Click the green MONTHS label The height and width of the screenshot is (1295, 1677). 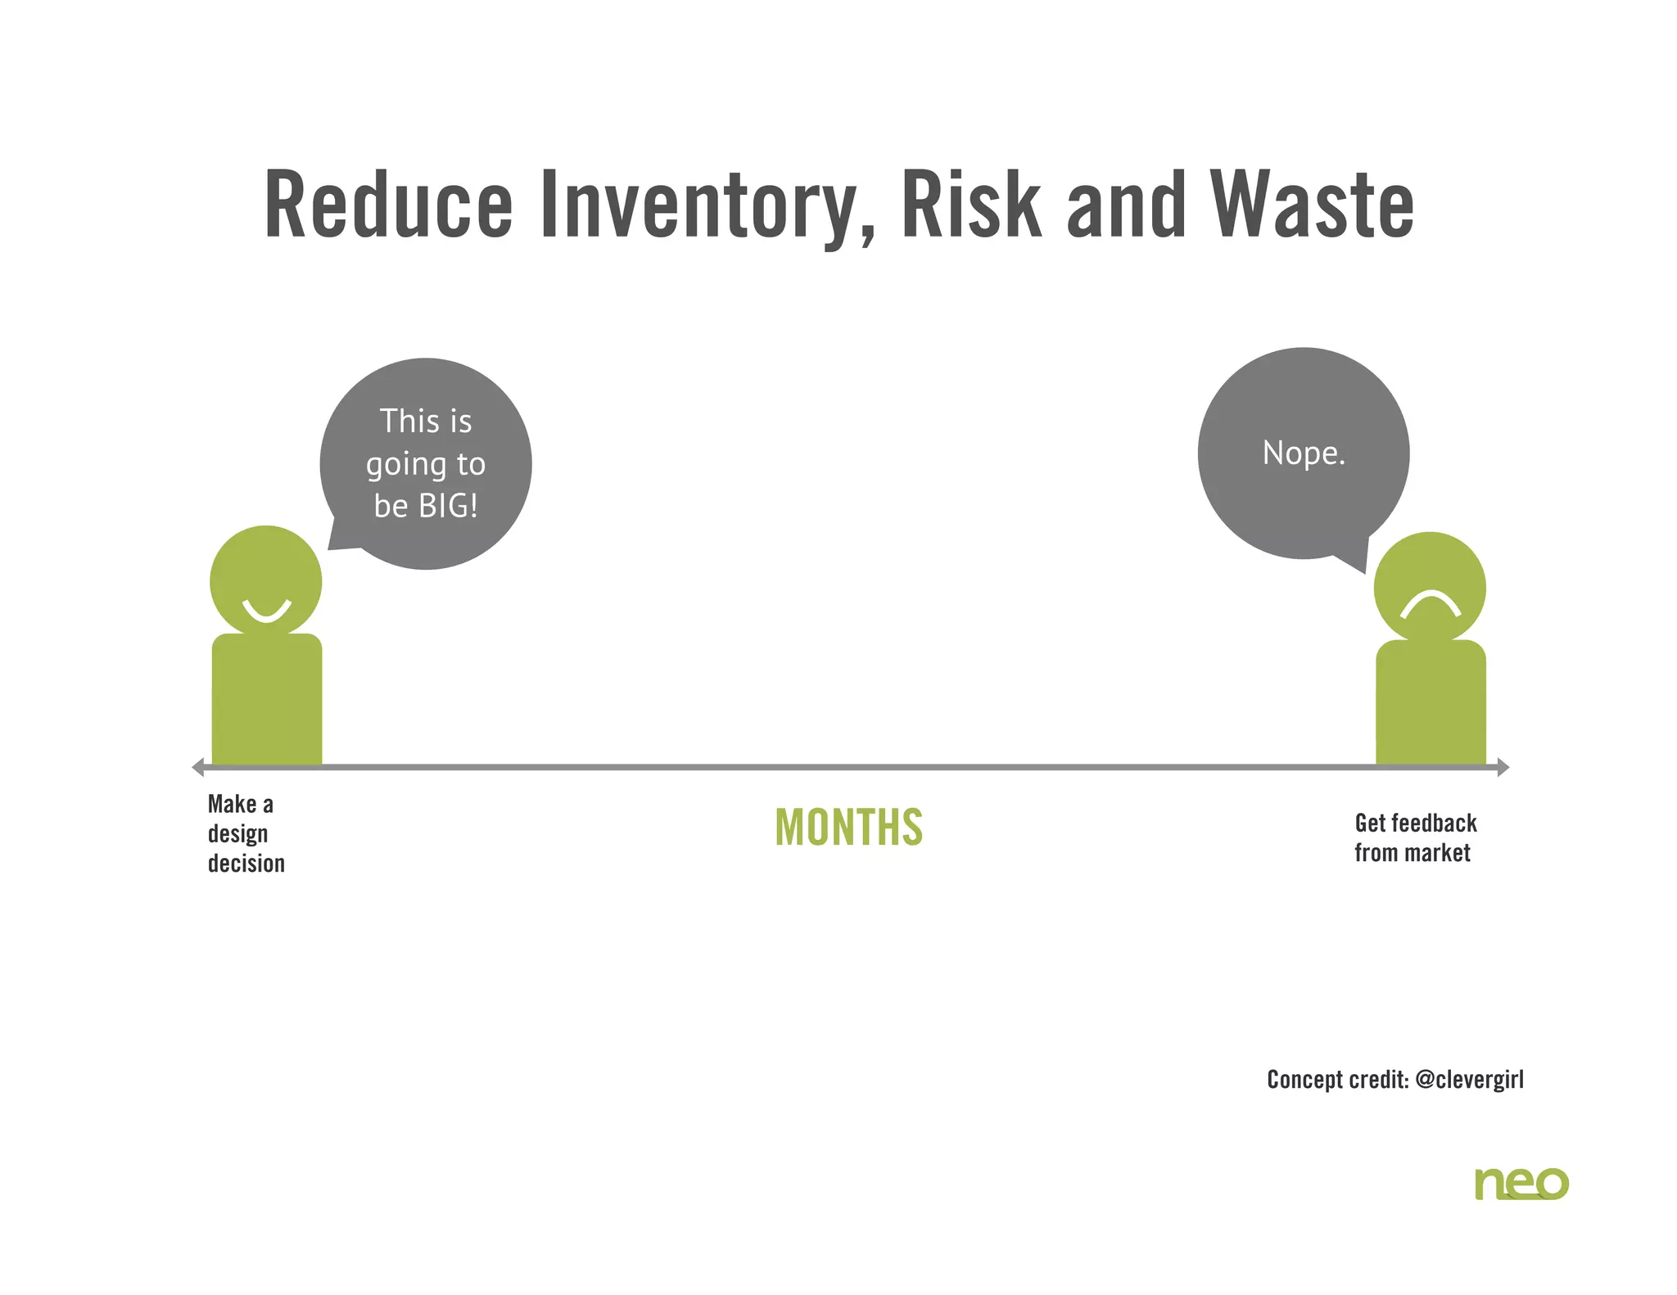click(x=849, y=828)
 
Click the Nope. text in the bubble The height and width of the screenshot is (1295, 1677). click(x=1304, y=453)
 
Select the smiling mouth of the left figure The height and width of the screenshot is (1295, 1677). click(x=266, y=611)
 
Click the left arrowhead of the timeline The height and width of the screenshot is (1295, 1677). click(x=197, y=767)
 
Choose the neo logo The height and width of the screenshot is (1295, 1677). click(x=1521, y=1184)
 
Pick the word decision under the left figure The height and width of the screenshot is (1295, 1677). click(x=246, y=864)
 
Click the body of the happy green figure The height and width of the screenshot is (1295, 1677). click(x=267, y=700)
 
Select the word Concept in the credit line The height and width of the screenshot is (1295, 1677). click(x=1306, y=1080)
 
